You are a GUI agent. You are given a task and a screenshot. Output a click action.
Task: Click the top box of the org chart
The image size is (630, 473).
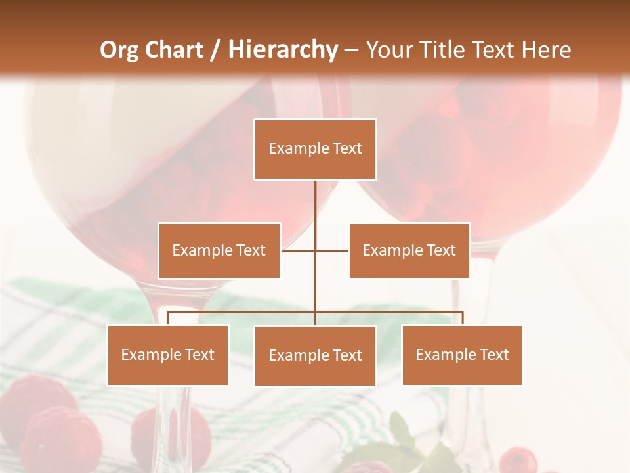pos(315,149)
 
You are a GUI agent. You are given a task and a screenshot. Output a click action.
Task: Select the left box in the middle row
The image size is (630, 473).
pos(219,250)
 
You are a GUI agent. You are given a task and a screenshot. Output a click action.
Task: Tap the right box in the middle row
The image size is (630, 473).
pos(409,250)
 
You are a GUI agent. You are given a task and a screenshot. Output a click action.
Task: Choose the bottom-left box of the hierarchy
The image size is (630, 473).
pos(168,355)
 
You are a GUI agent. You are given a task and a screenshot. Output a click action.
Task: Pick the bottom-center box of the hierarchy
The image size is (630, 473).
pos(315,355)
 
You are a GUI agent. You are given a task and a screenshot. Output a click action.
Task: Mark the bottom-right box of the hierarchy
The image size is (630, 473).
pos(463,355)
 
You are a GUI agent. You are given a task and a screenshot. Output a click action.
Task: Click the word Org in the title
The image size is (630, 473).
pos(119,50)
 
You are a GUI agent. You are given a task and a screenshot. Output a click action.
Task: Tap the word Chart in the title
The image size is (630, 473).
pos(174,50)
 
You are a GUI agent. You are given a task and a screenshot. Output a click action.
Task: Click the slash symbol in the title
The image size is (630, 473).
pos(215,50)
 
